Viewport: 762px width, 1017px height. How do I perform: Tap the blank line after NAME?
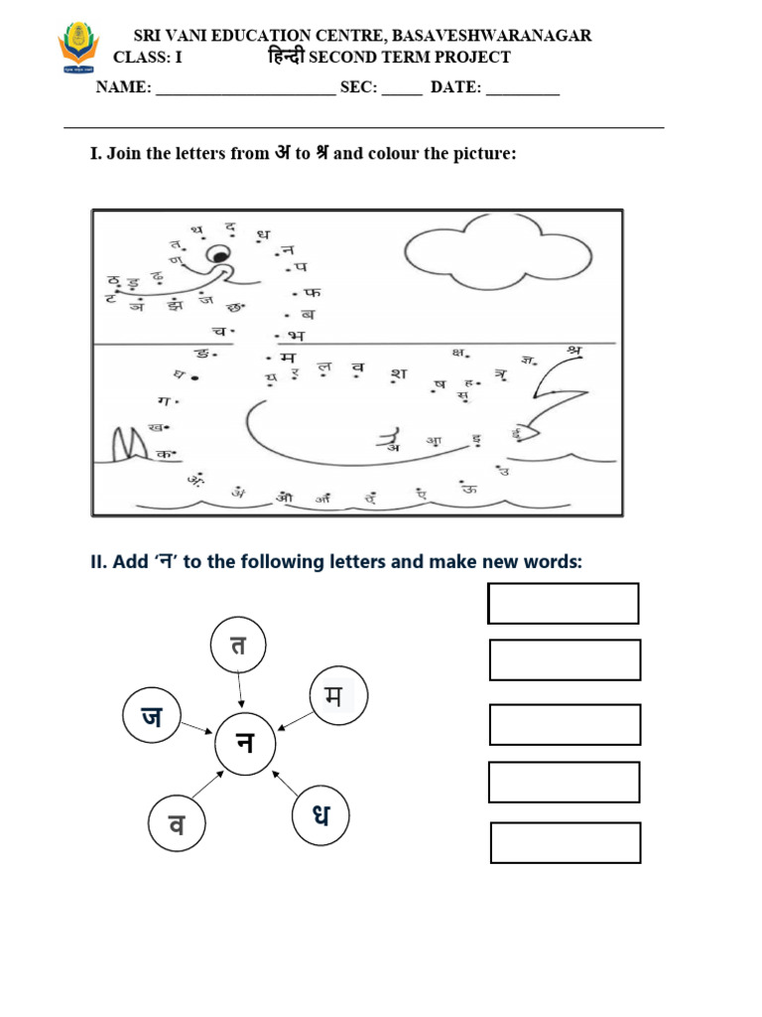coord(245,88)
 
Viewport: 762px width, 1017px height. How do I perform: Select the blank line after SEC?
coord(401,88)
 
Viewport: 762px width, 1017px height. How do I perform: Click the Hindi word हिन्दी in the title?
coord(287,57)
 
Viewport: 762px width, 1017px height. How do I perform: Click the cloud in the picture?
coord(477,257)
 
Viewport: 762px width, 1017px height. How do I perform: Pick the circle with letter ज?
coord(152,717)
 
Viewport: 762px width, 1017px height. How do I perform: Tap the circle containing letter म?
coord(338,696)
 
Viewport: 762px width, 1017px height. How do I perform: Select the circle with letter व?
coord(177,824)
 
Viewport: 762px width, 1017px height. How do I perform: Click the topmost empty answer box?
coord(564,603)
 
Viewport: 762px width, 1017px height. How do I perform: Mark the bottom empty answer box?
coord(566,842)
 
